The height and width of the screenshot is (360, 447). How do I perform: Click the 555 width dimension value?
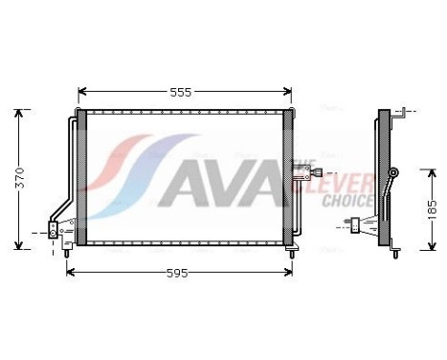[181, 93]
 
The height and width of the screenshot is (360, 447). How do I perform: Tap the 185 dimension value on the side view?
[432, 207]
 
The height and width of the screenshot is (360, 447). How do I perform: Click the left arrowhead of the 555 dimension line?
[80, 93]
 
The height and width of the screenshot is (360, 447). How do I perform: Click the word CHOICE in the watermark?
[347, 201]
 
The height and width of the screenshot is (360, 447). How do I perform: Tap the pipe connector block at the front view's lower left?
[54, 230]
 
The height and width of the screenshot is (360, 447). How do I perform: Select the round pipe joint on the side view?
[395, 172]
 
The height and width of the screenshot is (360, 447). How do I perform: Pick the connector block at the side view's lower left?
[356, 226]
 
